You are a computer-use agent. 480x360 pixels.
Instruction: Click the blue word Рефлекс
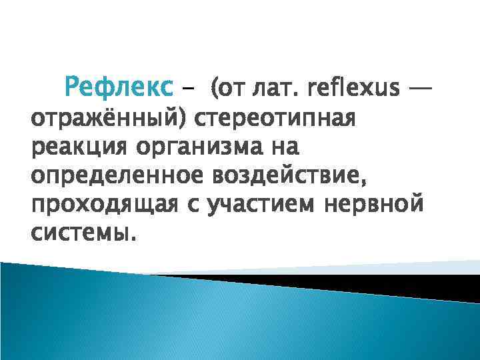tap(118, 87)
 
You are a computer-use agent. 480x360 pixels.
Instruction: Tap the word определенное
tap(116, 176)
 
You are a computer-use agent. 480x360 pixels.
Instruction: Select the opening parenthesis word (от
tap(226, 87)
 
